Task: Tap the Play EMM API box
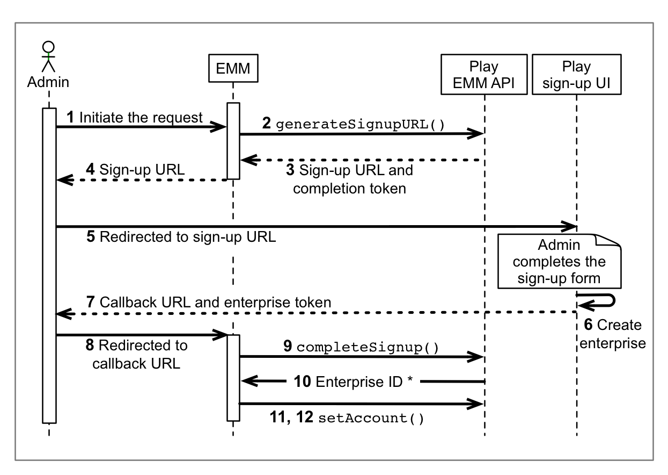tap(483, 76)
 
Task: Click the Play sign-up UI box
tap(577, 76)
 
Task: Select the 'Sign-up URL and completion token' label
tap(349, 180)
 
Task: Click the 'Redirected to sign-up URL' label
tap(181, 237)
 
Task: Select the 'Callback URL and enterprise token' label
tap(209, 303)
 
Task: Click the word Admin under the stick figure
tap(48, 82)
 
